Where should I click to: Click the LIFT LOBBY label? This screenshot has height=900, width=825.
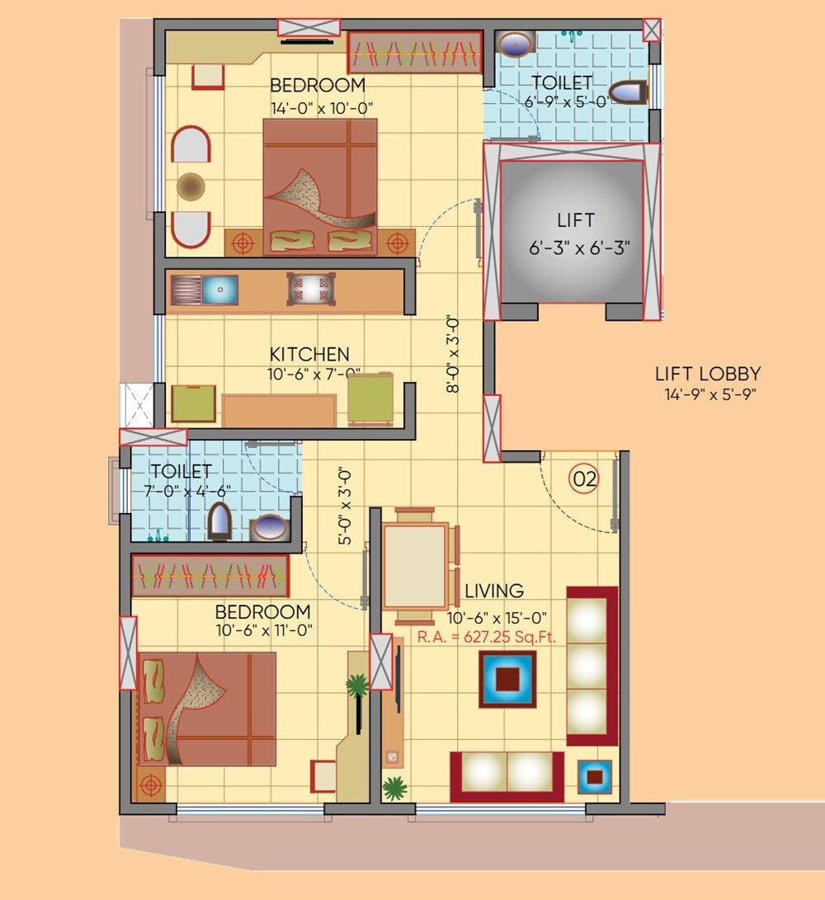[x=708, y=374]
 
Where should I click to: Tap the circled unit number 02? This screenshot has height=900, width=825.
[x=584, y=479]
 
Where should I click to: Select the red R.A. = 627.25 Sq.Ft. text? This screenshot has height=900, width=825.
[x=487, y=636]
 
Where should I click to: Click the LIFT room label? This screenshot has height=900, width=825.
[x=575, y=221]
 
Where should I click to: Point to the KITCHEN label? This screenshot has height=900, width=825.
[x=309, y=355]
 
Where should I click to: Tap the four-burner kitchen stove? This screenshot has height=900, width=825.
[x=310, y=289]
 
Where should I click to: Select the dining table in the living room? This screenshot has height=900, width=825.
[x=416, y=566]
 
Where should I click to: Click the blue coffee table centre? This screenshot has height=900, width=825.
[x=507, y=678]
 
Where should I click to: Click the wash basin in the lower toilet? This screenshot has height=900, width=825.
[x=268, y=526]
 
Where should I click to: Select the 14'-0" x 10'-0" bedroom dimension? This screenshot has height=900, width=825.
[x=322, y=107]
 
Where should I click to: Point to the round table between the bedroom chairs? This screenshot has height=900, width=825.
[x=191, y=186]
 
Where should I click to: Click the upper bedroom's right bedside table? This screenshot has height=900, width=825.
[x=397, y=243]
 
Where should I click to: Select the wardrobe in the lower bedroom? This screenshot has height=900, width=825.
[x=210, y=575]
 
